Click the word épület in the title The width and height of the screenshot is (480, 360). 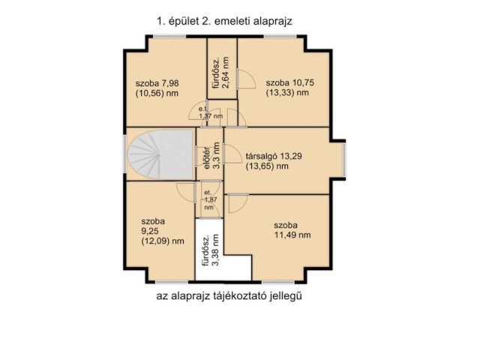184,22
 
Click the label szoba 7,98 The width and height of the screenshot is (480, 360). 157,82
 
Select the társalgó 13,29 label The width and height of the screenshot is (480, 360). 277,157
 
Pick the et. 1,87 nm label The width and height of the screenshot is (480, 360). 208,200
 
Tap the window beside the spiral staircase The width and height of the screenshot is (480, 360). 125,157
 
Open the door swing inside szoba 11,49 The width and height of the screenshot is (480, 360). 238,202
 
